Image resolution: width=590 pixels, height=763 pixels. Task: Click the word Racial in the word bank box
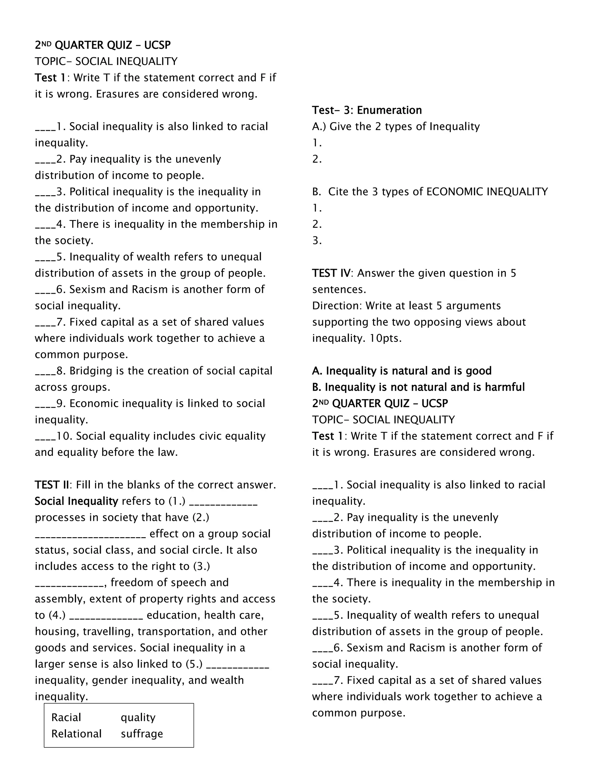click(x=66, y=717)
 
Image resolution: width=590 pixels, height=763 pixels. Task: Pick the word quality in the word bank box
click(x=138, y=718)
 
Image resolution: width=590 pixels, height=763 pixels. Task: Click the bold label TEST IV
click(x=331, y=273)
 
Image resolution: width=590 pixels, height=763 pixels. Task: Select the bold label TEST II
click(x=52, y=485)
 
